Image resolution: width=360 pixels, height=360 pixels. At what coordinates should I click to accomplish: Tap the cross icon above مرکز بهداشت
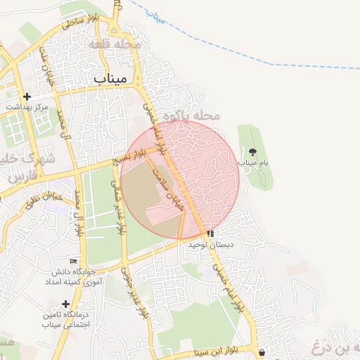pos(27,96)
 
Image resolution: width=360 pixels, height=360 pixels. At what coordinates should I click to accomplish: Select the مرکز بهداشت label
pos(27,107)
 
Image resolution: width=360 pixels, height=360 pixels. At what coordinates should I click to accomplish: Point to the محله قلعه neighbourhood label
pos(117,44)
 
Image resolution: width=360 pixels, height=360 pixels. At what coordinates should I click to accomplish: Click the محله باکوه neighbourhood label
pos(191,115)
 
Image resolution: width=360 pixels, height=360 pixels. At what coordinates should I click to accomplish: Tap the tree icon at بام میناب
pos(253,151)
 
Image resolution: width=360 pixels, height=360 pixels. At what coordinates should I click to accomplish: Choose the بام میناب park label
pos(253,162)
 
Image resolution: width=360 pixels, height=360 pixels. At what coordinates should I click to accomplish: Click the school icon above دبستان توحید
pos(210,233)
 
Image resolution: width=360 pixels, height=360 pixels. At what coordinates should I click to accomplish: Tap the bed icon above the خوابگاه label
pos(73,261)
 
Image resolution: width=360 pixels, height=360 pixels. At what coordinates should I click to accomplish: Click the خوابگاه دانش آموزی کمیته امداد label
pos(78,276)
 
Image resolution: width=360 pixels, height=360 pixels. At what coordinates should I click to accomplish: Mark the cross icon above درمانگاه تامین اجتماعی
pos(65,304)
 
